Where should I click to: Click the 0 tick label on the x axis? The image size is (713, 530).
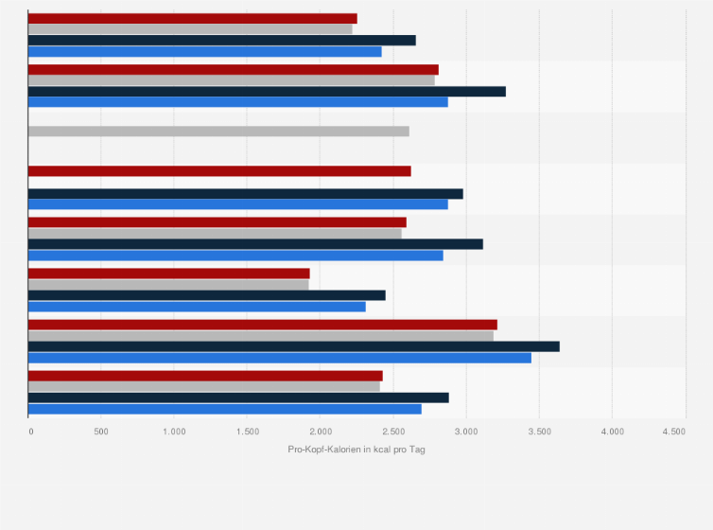tap(31, 432)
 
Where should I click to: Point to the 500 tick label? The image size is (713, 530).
tap(101, 432)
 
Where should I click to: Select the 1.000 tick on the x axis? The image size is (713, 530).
tap(174, 432)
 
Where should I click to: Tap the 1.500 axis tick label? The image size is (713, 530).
tap(247, 432)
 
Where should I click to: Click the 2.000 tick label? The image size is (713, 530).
tap(320, 432)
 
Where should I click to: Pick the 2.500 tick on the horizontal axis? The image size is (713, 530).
tap(392, 432)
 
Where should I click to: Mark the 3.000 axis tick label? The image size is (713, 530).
tap(465, 432)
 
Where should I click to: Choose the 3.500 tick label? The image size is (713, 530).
tap(539, 432)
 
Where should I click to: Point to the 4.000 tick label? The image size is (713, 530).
tap(612, 432)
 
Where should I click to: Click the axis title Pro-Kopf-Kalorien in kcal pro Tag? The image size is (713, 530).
tap(356, 449)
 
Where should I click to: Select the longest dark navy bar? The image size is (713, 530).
tap(293, 346)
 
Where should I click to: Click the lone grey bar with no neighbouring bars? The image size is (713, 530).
tap(218, 131)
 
